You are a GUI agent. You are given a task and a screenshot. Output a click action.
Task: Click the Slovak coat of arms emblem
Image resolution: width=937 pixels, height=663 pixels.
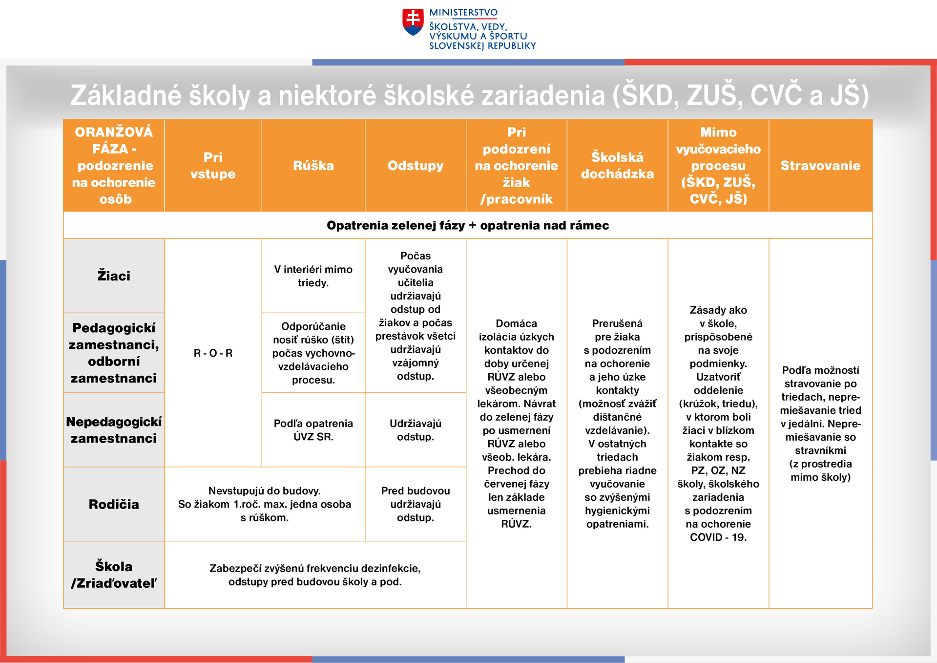pyautogui.click(x=413, y=22)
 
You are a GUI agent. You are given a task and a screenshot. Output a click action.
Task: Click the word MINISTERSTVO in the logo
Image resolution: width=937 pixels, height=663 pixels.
pyautogui.click(x=463, y=13)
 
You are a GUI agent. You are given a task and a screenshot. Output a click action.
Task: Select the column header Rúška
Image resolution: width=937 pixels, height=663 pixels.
pyautogui.click(x=313, y=166)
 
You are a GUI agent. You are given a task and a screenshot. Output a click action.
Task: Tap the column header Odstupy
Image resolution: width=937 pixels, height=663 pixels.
pyautogui.click(x=416, y=166)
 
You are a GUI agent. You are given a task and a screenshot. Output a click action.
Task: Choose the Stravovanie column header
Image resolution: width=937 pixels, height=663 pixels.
pyautogui.click(x=820, y=166)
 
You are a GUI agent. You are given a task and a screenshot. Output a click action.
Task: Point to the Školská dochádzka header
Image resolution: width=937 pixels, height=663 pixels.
pyautogui.click(x=617, y=166)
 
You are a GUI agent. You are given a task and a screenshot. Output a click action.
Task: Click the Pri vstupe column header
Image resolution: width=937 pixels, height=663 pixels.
pyautogui.click(x=213, y=166)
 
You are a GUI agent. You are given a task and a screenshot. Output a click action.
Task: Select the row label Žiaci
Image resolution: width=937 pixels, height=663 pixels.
pyautogui.click(x=114, y=276)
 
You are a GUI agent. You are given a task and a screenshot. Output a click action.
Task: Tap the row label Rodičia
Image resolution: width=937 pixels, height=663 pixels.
pyautogui.click(x=114, y=504)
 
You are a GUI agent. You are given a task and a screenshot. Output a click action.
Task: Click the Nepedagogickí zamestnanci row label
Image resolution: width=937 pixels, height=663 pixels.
pyautogui.click(x=114, y=430)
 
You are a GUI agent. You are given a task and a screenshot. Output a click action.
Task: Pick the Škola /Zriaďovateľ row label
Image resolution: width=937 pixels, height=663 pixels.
pyautogui.click(x=114, y=575)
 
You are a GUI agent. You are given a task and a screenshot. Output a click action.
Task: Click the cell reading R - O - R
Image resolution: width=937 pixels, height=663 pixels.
pyautogui.click(x=213, y=353)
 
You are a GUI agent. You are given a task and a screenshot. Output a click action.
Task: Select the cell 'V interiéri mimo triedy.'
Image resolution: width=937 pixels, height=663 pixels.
pyautogui.click(x=313, y=276)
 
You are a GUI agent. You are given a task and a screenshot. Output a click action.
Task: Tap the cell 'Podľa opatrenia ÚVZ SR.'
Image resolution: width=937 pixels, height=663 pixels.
pyautogui.click(x=313, y=430)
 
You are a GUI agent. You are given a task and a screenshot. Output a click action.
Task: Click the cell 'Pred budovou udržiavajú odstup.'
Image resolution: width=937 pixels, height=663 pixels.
pyautogui.click(x=416, y=504)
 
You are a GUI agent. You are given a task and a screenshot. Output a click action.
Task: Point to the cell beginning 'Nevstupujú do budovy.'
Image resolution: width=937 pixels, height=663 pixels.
pyautogui.click(x=265, y=504)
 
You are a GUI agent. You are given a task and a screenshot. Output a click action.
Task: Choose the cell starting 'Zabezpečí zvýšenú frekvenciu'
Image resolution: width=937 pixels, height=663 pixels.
pyautogui.click(x=315, y=575)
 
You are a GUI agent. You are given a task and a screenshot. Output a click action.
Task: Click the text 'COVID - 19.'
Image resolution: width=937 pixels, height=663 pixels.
pyautogui.click(x=718, y=537)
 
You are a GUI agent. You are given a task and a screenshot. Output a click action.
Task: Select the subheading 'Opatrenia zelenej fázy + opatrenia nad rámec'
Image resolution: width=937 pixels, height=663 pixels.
pyautogui.click(x=468, y=225)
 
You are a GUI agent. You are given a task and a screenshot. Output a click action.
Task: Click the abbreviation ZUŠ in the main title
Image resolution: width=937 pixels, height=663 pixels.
pyautogui.click(x=715, y=95)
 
